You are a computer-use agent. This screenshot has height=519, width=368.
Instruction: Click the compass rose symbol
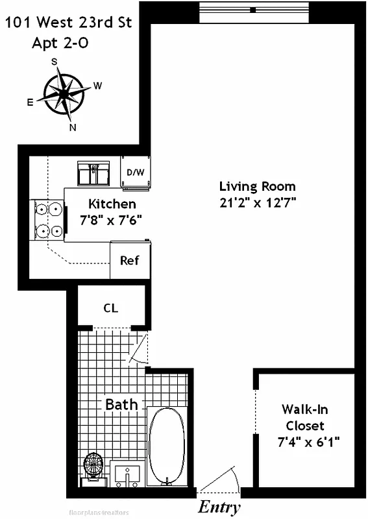(x=64, y=94)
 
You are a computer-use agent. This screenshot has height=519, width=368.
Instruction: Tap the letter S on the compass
(x=55, y=62)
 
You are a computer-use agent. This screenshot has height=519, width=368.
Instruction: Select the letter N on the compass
(x=73, y=127)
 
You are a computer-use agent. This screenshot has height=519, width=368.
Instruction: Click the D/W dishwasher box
(x=135, y=173)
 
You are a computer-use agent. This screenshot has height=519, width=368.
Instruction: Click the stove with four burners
(x=49, y=221)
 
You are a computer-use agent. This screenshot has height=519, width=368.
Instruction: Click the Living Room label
(x=257, y=186)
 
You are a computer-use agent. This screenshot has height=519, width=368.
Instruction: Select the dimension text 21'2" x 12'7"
(x=257, y=202)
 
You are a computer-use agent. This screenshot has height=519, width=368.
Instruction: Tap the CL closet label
(x=111, y=308)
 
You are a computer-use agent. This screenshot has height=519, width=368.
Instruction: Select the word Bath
(x=121, y=404)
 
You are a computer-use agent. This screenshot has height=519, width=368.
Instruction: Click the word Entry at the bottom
(x=219, y=507)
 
